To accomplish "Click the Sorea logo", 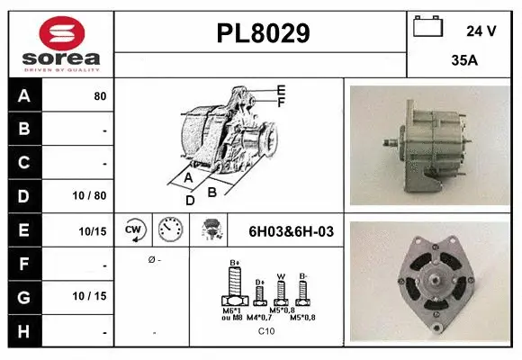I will tap(61, 43).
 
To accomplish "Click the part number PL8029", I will tap(263, 33).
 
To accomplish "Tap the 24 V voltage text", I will tap(481, 31).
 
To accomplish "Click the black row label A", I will tap(24, 95).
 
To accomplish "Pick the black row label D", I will tap(24, 196).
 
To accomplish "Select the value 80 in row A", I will tap(100, 96).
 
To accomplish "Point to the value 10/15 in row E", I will tap(93, 231).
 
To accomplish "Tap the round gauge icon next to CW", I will tap(170, 229).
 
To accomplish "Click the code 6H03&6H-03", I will tap(290, 231).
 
